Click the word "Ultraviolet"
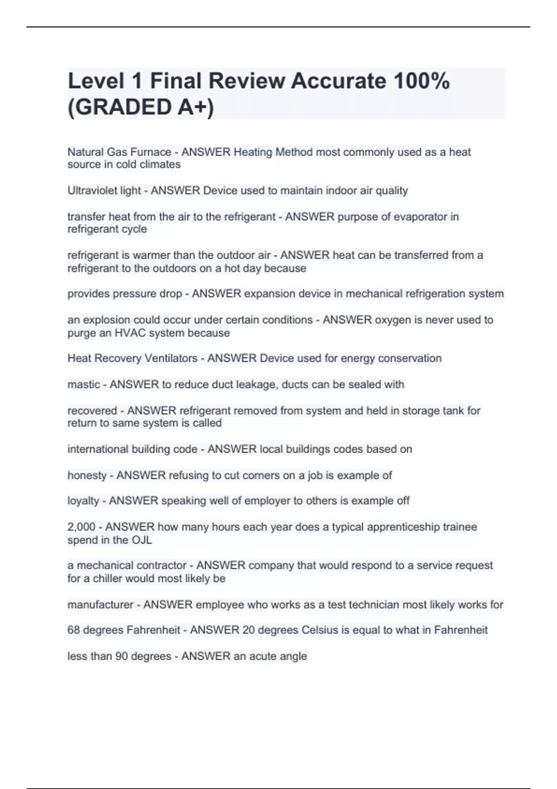point(91,190)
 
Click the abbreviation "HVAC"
point(130,333)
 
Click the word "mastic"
point(84,384)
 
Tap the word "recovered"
point(92,411)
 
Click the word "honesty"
point(87,475)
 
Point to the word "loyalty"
point(83,501)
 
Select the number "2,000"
point(81,527)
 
